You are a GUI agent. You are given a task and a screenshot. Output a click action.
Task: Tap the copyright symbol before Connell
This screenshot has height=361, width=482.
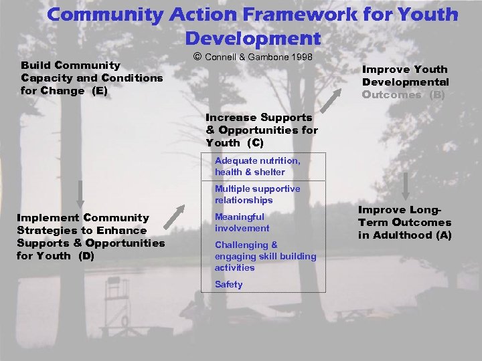[x=197, y=57]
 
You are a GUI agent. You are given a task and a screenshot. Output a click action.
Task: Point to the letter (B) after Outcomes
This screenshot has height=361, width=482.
[x=438, y=95]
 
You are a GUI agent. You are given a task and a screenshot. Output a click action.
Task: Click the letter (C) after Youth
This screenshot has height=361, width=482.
[x=255, y=143]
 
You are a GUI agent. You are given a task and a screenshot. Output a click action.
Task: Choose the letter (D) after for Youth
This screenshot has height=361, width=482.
[x=86, y=255]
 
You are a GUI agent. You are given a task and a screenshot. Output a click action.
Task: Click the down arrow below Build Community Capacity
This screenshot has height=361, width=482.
[x=80, y=194]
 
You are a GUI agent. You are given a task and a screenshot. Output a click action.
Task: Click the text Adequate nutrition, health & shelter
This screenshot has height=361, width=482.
[x=258, y=166]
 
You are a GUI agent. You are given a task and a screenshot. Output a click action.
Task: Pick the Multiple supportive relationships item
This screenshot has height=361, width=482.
[x=258, y=195]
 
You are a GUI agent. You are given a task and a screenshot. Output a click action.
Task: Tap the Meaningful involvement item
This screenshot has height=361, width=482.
[x=242, y=223]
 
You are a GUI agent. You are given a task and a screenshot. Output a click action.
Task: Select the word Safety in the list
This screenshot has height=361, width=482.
[x=229, y=284]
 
